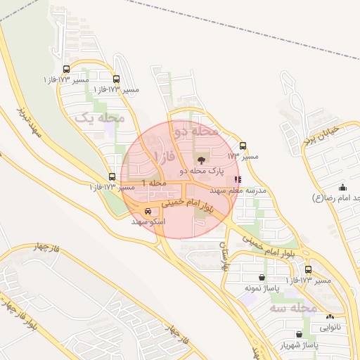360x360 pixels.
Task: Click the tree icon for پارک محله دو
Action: pyautogui.click(x=203, y=160)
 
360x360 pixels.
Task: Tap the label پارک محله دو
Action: pyautogui.click(x=203, y=171)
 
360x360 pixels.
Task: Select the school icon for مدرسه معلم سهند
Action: pyautogui.click(x=237, y=180)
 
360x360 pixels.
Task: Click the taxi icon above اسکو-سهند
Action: pyautogui.click(x=147, y=211)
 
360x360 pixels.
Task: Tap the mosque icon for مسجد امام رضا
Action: pyautogui.click(x=342, y=187)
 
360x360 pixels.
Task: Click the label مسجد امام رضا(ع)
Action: pyautogui.click(x=337, y=198)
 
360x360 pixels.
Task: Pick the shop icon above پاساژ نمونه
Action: pyautogui.click(x=262, y=278)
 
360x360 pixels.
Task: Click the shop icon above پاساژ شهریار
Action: pyautogui.click(x=300, y=335)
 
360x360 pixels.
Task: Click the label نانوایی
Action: pyautogui.click(x=330, y=328)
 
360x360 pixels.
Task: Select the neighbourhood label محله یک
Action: pyautogui.click(x=101, y=118)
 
